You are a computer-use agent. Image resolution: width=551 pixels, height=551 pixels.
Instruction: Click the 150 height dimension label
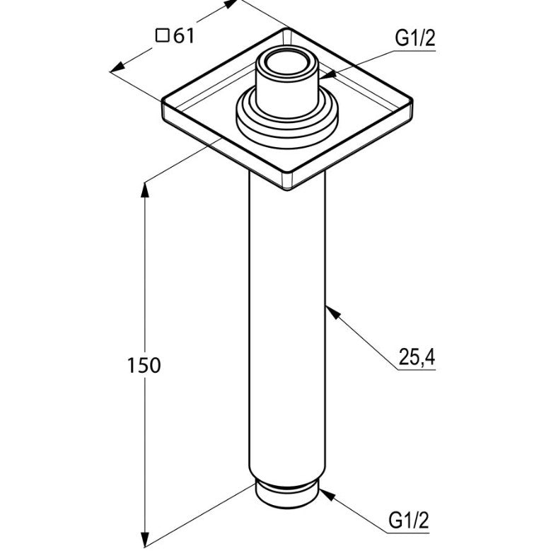click(144, 365)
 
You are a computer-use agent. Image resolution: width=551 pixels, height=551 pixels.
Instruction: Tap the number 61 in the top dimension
click(184, 35)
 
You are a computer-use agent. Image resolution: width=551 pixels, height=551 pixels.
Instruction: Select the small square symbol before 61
click(163, 36)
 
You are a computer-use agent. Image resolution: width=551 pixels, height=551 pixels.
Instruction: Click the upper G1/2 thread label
click(415, 38)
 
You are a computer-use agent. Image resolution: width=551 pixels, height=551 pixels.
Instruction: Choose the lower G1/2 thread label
click(409, 520)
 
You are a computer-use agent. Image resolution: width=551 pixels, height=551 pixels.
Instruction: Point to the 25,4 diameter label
click(417, 357)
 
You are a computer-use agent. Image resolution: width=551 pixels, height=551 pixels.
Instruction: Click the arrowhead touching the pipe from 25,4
click(333, 313)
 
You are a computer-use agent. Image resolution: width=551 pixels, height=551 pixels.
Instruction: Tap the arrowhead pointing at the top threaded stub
click(327, 74)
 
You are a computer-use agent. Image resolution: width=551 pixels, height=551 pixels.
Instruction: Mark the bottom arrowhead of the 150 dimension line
click(145, 540)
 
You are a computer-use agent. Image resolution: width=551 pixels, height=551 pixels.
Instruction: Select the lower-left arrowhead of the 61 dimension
click(118, 67)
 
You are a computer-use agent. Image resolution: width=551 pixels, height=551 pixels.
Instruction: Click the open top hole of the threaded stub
click(287, 63)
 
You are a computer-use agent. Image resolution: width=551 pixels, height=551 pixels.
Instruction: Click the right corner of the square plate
click(411, 102)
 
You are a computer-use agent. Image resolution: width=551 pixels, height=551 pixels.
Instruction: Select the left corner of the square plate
click(164, 103)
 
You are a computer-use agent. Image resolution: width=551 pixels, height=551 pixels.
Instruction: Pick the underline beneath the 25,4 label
click(417, 370)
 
